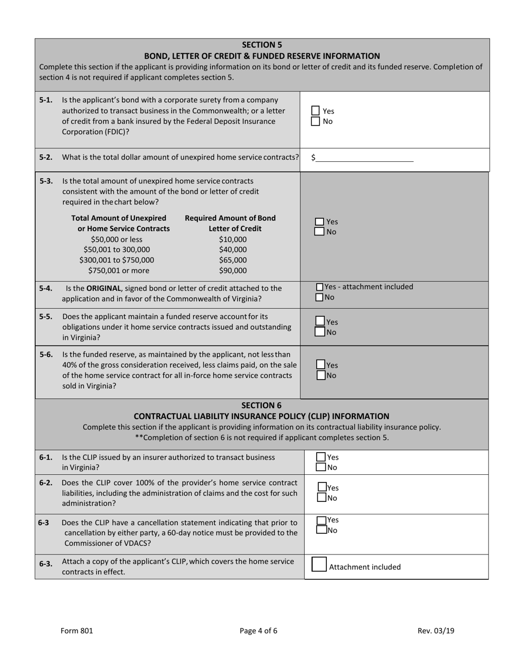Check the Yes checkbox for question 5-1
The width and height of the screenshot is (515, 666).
click(316, 110)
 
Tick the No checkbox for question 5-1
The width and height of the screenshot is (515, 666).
click(316, 121)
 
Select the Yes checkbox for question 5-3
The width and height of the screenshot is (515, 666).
click(320, 221)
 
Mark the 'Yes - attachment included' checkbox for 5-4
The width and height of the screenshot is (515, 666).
click(319, 287)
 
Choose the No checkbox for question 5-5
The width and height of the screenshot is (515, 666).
click(320, 332)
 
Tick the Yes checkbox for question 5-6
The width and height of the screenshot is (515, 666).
click(320, 365)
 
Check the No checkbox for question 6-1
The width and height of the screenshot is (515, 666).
click(321, 467)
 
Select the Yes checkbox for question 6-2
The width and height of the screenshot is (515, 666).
click(322, 487)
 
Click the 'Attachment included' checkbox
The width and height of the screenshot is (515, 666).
click(319, 565)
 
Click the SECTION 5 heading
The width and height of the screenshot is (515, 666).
click(262, 45)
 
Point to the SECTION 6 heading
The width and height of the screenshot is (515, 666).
click(261, 405)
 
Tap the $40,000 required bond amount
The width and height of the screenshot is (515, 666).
click(233, 250)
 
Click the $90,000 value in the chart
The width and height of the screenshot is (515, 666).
click(233, 271)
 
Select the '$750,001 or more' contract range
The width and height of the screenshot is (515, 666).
click(119, 271)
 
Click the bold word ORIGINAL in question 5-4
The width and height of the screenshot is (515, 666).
click(105, 288)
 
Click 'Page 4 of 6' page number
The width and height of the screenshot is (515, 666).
click(258, 630)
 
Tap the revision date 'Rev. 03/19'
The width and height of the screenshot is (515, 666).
click(436, 630)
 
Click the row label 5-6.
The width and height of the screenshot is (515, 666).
click(46, 355)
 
